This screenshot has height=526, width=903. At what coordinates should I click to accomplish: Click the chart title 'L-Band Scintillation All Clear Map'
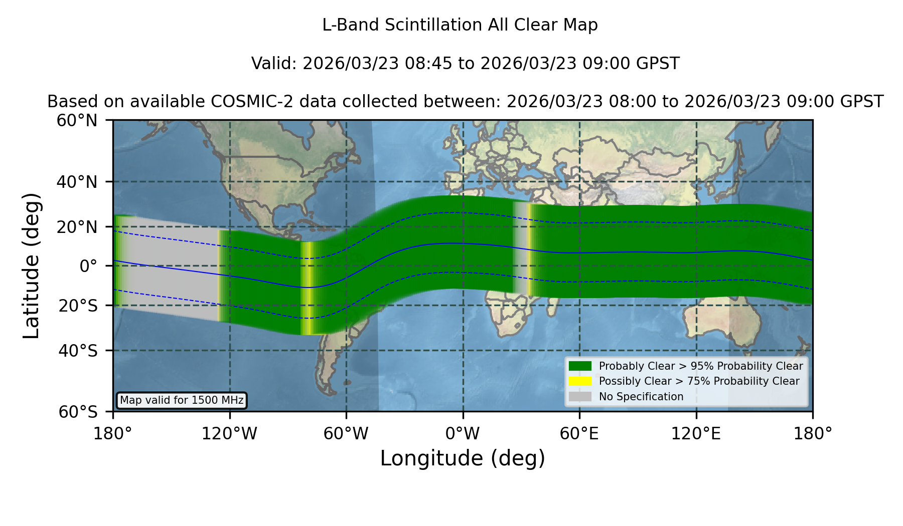click(x=460, y=25)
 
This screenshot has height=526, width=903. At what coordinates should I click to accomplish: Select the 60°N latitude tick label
click(x=77, y=120)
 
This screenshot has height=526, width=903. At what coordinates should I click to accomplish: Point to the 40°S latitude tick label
click(x=78, y=351)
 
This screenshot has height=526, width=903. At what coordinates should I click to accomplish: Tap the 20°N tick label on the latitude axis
click(x=77, y=227)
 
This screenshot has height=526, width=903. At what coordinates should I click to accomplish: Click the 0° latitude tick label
click(x=88, y=266)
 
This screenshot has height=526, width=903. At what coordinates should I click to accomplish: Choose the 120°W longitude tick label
click(x=229, y=434)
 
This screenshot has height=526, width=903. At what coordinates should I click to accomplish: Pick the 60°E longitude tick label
click(x=579, y=434)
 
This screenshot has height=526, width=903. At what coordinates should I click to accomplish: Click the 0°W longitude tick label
click(x=463, y=434)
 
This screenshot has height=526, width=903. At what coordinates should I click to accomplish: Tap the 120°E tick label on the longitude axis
click(x=696, y=434)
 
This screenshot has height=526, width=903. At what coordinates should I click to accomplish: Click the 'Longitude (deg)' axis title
click(x=463, y=458)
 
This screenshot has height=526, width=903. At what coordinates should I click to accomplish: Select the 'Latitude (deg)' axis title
click(x=31, y=266)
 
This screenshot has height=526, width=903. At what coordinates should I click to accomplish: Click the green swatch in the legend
click(x=580, y=366)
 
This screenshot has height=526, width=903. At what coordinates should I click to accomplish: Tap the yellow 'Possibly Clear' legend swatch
click(x=580, y=381)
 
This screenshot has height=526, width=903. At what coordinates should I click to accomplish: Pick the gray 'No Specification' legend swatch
click(x=580, y=397)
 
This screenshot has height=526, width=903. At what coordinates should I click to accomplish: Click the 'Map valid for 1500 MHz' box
click(x=182, y=400)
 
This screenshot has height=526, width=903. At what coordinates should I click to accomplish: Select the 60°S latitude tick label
click(x=78, y=412)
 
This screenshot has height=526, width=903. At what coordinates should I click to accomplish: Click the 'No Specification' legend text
click(x=641, y=397)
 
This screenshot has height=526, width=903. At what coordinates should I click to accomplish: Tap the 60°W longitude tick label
click(x=346, y=434)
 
